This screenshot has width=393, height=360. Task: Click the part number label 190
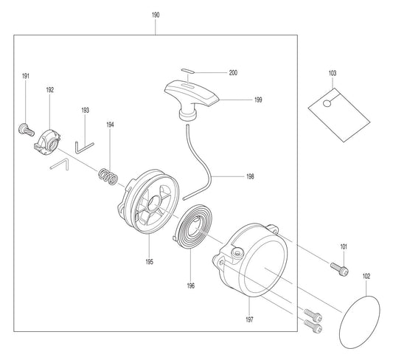[156, 15]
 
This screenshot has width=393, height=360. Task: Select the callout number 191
[26, 76]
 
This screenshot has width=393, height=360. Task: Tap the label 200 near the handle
[233, 72]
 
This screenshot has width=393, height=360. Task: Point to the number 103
[332, 73]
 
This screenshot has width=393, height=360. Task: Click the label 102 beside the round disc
[366, 277]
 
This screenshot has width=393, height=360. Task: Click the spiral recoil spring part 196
[193, 224]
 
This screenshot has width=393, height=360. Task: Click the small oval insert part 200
[189, 72]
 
